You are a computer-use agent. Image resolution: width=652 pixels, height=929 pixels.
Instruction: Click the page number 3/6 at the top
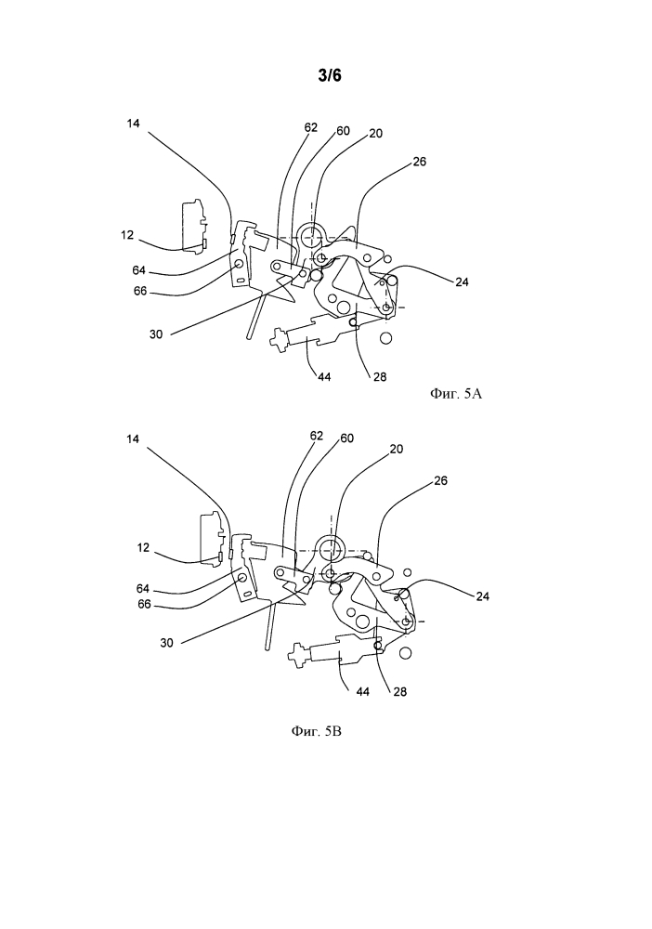[x=330, y=75]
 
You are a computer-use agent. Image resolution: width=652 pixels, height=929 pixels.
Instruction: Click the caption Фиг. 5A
[x=456, y=393]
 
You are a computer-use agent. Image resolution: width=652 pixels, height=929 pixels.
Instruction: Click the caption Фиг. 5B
[x=316, y=731]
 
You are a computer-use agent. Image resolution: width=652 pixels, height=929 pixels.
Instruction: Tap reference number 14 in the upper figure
[x=133, y=124]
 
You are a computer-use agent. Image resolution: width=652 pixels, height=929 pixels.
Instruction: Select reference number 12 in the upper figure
[x=127, y=235]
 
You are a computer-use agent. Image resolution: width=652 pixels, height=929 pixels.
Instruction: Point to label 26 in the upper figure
[x=419, y=161]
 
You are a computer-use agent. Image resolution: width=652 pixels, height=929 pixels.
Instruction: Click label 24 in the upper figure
[x=462, y=282]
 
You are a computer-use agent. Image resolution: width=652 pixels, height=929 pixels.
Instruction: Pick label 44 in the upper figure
[x=324, y=376]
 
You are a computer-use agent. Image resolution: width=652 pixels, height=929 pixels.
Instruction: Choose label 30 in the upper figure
[x=156, y=334]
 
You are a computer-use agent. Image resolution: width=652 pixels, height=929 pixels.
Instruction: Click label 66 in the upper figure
[x=139, y=292]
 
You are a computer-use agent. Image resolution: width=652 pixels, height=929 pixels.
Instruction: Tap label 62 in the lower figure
[x=317, y=436]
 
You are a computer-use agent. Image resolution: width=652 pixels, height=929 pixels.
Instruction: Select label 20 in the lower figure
[x=397, y=449]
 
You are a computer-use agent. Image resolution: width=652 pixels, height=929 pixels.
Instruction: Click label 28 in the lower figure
[x=399, y=691]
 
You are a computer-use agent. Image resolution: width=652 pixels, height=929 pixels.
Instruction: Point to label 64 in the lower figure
[x=143, y=589]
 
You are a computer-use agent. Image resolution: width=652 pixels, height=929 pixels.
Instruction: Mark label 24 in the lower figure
[x=482, y=596]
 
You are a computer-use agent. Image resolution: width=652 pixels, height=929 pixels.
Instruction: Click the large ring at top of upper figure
[x=312, y=237]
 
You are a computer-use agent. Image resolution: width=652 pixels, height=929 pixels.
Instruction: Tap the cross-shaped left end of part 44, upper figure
[x=279, y=340]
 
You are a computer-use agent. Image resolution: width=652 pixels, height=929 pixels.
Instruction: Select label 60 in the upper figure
[x=343, y=131]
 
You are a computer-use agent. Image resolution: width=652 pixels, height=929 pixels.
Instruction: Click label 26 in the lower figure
[x=440, y=480]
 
